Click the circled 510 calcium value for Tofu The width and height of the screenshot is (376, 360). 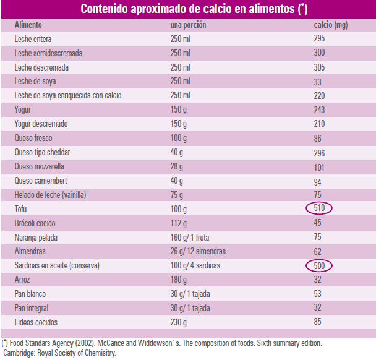[x=319, y=208]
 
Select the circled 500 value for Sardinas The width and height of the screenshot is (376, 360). [x=319, y=265]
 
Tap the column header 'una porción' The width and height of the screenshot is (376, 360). [x=188, y=25]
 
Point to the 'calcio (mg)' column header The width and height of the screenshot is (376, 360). [x=331, y=25]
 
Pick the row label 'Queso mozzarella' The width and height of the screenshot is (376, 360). [x=40, y=166]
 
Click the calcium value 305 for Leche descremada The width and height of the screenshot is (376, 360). [x=320, y=67]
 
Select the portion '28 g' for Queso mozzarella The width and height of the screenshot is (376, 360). [x=177, y=166]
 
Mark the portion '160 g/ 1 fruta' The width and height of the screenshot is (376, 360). [x=193, y=237]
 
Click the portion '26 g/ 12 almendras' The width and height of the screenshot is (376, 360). [x=198, y=251]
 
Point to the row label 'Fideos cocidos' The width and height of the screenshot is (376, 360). [x=36, y=322]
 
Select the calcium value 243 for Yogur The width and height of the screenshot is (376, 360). [x=320, y=109]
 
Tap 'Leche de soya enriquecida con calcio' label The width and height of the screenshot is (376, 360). [x=68, y=95]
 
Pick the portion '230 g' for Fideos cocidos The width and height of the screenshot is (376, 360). [x=179, y=322]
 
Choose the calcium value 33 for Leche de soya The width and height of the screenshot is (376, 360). [x=318, y=81]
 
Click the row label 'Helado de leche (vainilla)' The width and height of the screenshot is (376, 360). [x=50, y=195]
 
